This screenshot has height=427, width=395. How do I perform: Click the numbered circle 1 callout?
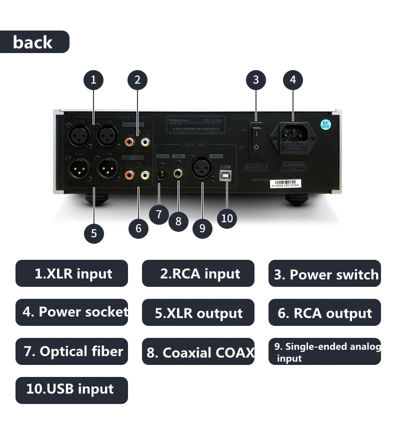point(93,80)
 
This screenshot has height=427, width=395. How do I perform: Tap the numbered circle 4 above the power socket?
point(293,80)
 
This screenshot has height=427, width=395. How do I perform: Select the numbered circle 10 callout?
point(227,218)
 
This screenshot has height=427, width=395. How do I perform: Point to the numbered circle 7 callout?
point(159,215)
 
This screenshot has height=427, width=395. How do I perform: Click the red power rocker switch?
point(255,140)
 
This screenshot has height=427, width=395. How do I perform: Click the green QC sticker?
point(325,124)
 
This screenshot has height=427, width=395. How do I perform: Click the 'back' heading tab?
point(33,42)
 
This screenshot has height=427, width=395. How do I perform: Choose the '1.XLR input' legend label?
point(72,274)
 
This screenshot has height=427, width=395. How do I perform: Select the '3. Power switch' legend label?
point(325,274)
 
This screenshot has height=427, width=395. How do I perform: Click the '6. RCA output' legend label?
point(325,313)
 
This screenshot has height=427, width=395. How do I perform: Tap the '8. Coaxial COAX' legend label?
point(198,352)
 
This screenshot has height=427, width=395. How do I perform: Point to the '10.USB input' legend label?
point(72,390)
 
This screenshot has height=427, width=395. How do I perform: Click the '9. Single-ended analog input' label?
point(325,351)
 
